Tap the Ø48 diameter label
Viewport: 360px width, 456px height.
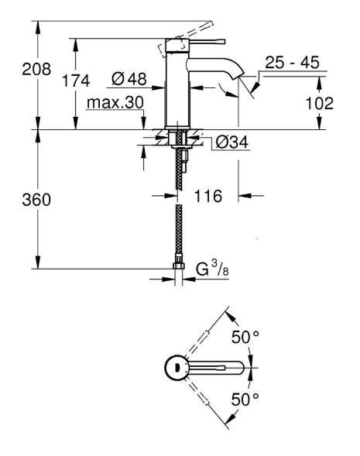pyautogui.click(x=129, y=78)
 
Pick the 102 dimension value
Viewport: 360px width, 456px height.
pyautogui.click(x=318, y=102)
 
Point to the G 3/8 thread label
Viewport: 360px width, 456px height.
pyautogui.click(x=209, y=270)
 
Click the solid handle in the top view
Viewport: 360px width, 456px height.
pyautogui.click(x=221, y=367)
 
